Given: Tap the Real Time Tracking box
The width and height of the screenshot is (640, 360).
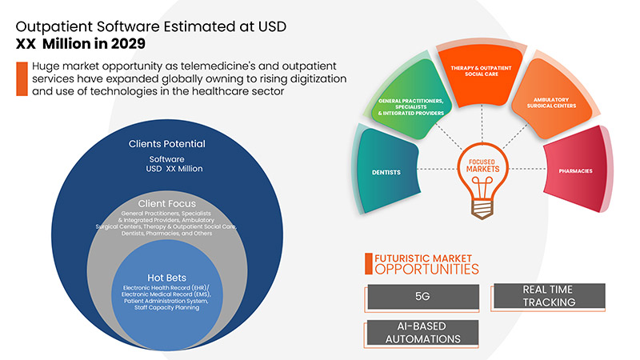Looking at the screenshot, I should point(549,296).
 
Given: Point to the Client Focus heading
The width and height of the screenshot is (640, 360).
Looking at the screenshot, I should point(166,203).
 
